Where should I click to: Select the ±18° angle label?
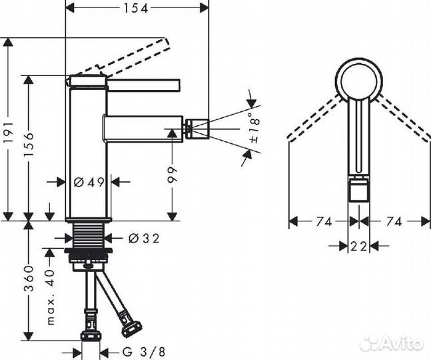pos(252,129)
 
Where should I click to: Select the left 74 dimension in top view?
pos(322,222)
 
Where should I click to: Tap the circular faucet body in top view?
pos(359,81)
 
